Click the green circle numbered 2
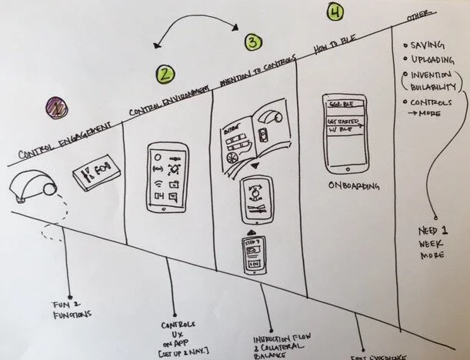(x=165, y=75)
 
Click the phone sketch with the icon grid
(x=167, y=178)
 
